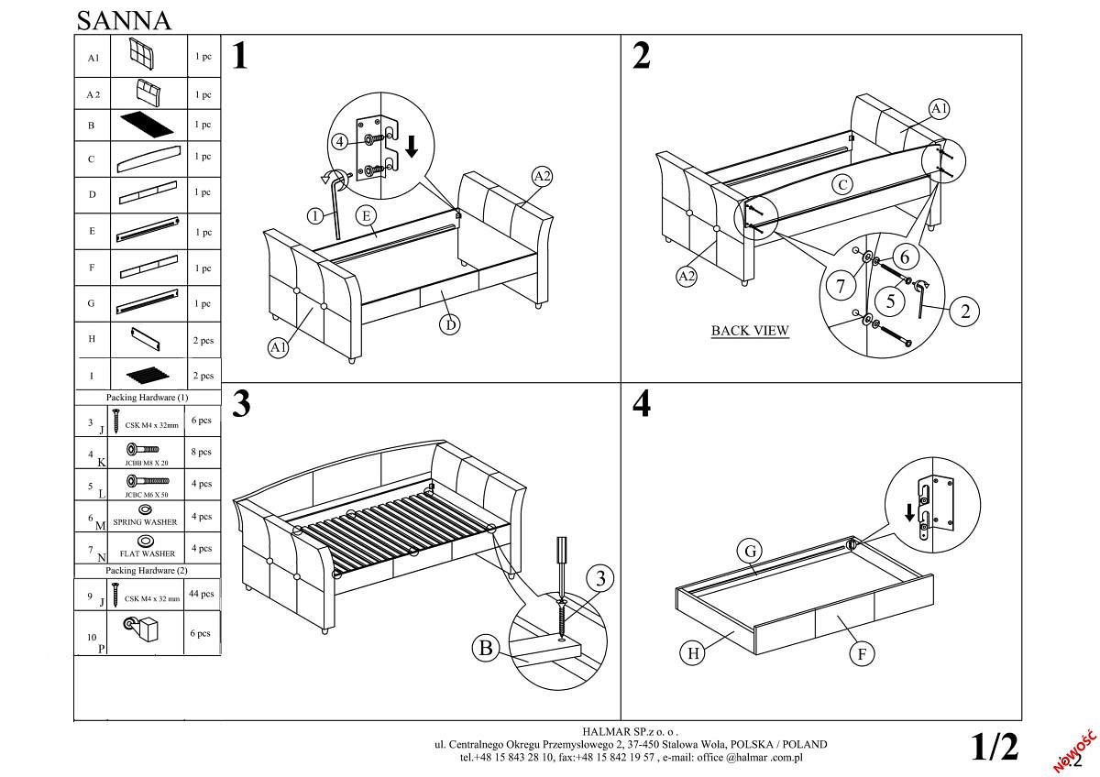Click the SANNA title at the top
(123, 19)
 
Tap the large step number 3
(241, 404)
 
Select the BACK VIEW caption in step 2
(750, 331)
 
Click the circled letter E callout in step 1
(366, 216)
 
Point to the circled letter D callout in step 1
(449, 323)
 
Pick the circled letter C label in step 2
(842, 183)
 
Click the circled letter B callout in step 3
(485, 649)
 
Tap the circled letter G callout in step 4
(751, 551)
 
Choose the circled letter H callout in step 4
(693, 652)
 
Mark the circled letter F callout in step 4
(861, 652)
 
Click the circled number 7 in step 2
(841, 285)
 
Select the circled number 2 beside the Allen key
(964, 311)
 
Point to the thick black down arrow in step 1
(412, 145)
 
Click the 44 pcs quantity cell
(201, 594)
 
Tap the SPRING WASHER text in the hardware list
(145, 522)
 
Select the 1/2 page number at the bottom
(995, 747)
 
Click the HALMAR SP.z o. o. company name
(631, 732)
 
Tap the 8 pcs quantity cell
(202, 452)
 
